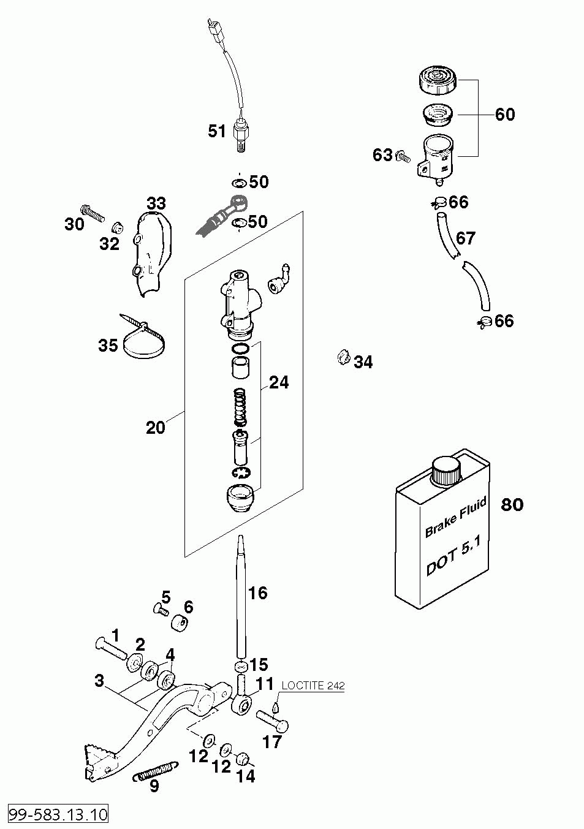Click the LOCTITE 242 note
[x=313, y=686]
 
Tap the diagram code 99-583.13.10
[x=58, y=814]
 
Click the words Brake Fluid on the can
[x=455, y=518]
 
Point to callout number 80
[x=512, y=504]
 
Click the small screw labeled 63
[x=403, y=157]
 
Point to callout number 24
[x=279, y=382]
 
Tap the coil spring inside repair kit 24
[x=241, y=406]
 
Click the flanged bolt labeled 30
[x=92, y=213]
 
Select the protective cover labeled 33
[x=153, y=256]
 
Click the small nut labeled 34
[x=343, y=358]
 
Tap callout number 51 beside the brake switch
[x=217, y=131]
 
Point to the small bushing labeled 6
[x=179, y=623]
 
